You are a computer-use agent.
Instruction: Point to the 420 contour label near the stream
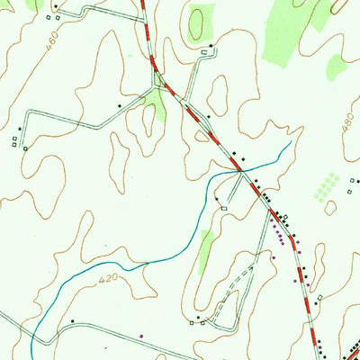pos(108,280)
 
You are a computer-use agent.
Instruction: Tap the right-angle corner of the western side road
pos(28,112)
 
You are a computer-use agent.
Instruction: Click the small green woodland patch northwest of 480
pos(336,66)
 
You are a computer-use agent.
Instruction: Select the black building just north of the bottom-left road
pos(72,319)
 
